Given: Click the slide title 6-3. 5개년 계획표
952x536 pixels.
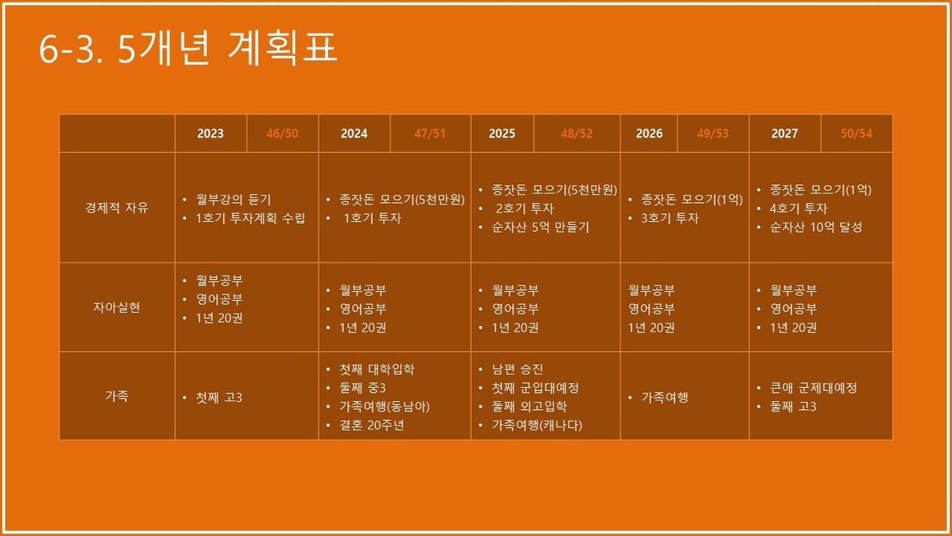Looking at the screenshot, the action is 188,48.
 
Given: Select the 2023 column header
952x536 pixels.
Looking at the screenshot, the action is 211,133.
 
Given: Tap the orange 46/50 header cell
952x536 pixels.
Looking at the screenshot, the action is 282,133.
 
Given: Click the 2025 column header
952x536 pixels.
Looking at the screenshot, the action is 502,133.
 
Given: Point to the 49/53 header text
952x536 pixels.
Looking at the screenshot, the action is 712,133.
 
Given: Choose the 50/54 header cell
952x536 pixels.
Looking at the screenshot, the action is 856,133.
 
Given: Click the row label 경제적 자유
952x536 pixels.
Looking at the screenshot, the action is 117,208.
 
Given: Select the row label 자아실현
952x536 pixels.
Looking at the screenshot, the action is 117,307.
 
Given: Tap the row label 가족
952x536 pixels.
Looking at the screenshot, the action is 117,396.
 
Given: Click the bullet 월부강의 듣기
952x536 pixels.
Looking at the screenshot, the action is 233,199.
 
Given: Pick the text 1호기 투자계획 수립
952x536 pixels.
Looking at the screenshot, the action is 251,218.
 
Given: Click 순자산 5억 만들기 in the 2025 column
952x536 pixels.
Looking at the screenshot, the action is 541,227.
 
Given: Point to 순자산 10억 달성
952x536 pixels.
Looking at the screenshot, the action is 816,227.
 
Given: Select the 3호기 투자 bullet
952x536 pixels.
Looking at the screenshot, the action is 670,218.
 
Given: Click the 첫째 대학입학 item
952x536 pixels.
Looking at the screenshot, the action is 377,369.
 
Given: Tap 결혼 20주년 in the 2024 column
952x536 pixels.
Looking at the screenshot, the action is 371,425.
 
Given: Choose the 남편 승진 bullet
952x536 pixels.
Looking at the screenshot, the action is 517,369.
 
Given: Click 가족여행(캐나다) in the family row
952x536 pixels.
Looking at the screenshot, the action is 537,425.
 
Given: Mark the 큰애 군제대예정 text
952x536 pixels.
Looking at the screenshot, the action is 813,388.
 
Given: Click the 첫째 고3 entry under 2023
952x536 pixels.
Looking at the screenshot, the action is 219,398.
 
